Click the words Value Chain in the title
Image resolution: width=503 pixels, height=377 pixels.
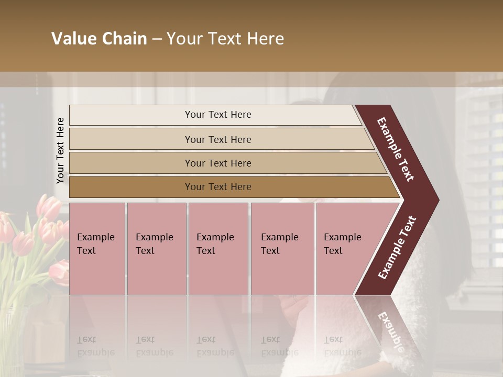point(99,39)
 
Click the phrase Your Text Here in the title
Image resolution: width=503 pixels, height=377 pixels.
point(225,39)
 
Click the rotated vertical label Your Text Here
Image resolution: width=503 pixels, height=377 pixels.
point(60,150)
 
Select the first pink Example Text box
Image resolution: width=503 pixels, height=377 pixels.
point(97,249)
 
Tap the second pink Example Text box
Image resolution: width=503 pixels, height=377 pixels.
point(156,249)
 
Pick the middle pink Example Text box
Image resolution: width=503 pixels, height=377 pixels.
point(218,249)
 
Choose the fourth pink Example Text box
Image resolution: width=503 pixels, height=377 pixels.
point(282,249)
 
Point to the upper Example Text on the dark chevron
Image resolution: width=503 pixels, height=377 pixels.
point(396,149)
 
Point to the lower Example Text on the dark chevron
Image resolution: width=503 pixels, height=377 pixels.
point(398,248)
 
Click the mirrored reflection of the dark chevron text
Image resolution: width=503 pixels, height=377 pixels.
point(390,330)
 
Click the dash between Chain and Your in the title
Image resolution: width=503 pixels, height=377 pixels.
point(157,39)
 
